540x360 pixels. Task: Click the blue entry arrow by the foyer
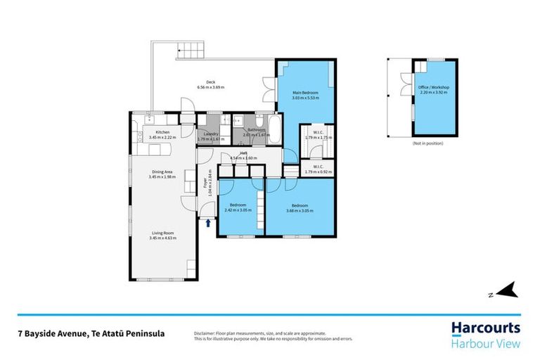[x=209, y=224]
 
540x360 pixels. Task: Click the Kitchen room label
[x=162, y=132]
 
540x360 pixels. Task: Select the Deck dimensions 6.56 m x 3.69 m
[x=210, y=87]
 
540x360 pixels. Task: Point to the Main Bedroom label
[x=306, y=92]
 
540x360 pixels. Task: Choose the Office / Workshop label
[x=434, y=87]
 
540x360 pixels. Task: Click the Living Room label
[x=162, y=233]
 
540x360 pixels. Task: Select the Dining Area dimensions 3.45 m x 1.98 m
[x=162, y=176]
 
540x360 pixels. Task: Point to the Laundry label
[x=210, y=134]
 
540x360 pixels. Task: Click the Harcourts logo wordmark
[x=486, y=328]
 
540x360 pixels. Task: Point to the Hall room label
[x=243, y=153]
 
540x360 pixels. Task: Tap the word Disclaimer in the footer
[x=207, y=332]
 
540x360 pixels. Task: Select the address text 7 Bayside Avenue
[x=49, y=333]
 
